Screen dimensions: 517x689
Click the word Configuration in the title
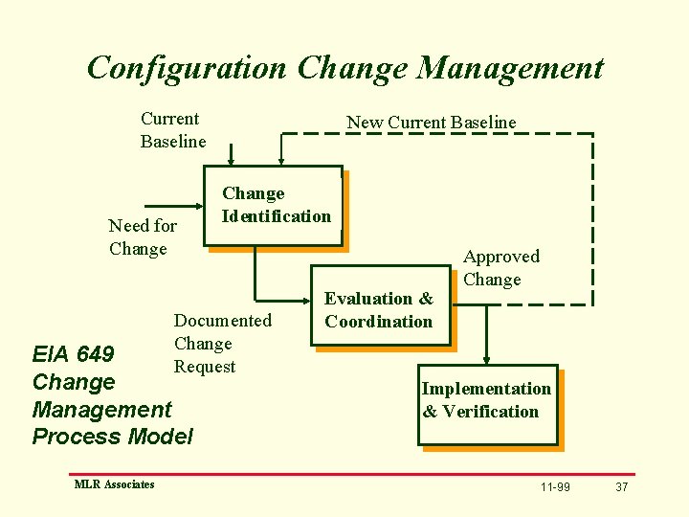[x=187, y=68]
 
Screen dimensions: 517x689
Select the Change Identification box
[x=276, y=206]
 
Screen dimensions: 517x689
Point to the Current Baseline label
[x=172, y=130]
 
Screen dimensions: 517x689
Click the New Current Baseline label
[x=431, y=122]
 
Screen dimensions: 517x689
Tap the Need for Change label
[x=142, y=237]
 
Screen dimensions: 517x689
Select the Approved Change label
[x=500, y=268]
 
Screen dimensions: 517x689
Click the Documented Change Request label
[x=221, y=343]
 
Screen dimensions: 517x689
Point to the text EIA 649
[x=73, y=354]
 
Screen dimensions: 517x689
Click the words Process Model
[x=112, y=437]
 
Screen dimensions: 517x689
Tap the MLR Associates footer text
[x=114, y=484]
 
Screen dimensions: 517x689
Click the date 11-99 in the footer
[x=554, y=487]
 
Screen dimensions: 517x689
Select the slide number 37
[x=621, y=487]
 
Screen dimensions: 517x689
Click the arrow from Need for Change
[x=171, y=205]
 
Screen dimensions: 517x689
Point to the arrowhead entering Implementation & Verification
[x=487, y=358]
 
